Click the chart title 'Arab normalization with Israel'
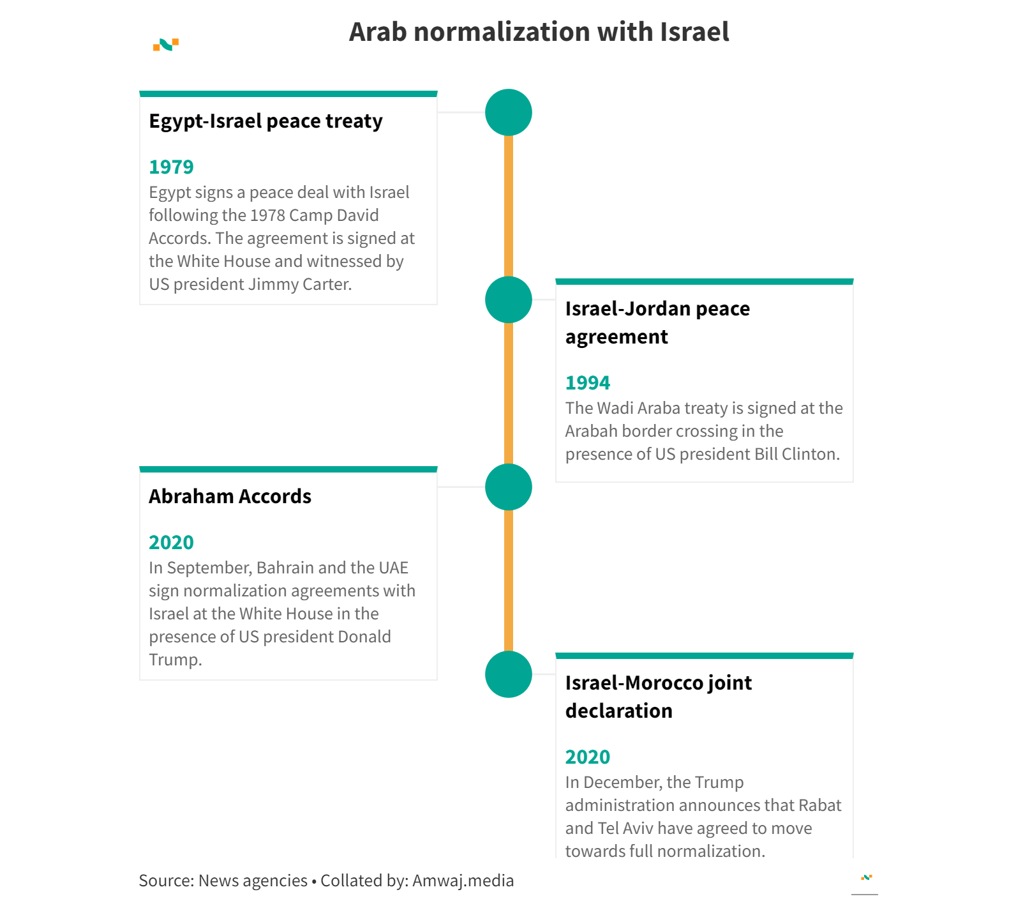point(539,32)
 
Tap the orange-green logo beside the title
point(166,45)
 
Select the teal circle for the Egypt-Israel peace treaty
point(509,112)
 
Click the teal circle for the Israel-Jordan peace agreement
point(509,299)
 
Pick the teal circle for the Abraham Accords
point(509,487)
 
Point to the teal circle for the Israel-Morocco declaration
point(509,674)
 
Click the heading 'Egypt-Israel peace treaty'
point(265,121)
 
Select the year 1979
point(171,167)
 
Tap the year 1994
point(588,383)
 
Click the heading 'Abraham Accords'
point(230,497)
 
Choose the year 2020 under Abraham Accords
point(171,543)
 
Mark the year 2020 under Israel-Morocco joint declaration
point(588,757)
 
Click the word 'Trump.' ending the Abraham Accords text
point(176,660)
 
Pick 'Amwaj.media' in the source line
point(463,881)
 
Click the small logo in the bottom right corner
point(866,878)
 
